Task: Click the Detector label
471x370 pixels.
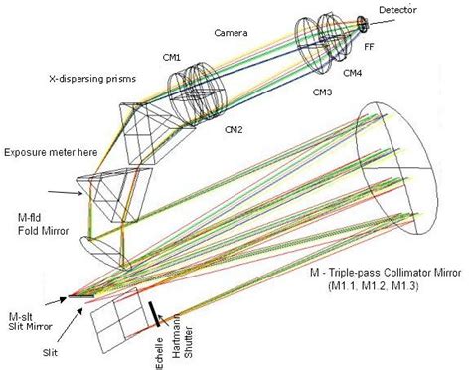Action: (397, 10)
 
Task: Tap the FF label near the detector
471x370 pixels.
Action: (369, 47)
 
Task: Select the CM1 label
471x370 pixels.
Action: (172, 57)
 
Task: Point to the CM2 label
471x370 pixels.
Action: (234, 129)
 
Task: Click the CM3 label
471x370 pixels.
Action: (322, 92)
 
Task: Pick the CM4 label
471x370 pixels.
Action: (352, 73)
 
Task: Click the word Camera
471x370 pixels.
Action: (231, 33)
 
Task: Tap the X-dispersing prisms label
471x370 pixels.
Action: (92, 79)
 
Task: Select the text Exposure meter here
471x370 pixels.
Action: (51, 152)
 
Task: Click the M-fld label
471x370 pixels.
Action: (29, 217)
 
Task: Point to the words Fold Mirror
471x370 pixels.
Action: (43, 231)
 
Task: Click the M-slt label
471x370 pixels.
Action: (21, 316)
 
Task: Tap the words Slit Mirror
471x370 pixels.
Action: (31, 327)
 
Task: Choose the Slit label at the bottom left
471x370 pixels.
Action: (50, 352)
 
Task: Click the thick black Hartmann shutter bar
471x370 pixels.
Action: (154, 314)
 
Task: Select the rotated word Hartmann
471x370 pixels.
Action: (177, 336)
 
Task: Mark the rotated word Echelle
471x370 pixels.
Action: (160, 353)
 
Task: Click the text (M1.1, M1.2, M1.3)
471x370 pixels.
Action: (374, 286)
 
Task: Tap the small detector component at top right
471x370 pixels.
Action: (363, 24)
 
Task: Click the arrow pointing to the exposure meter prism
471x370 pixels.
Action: (65, 193)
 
